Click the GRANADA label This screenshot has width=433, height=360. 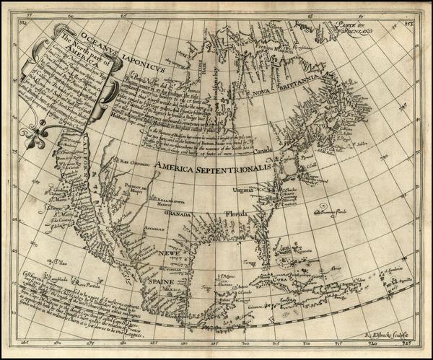pyautogui.click(x=180, y=214)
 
